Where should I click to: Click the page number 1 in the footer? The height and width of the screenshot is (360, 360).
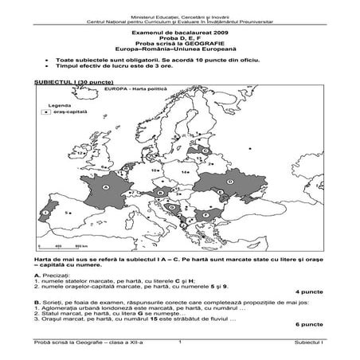180,342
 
